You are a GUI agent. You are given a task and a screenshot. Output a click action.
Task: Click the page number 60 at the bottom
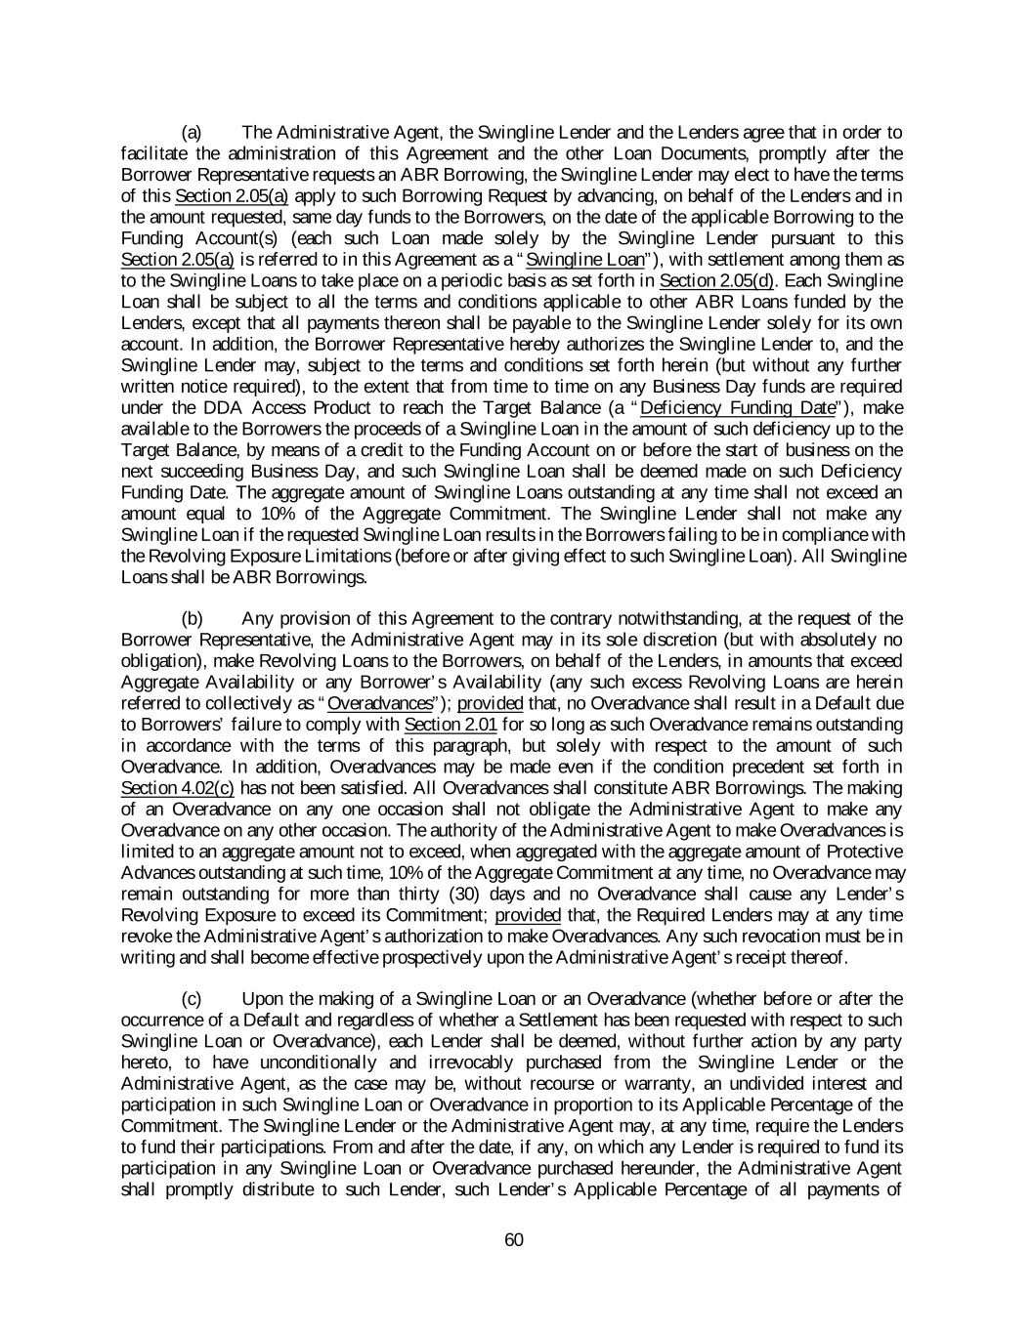pyautogui.click(x=515, y=1240)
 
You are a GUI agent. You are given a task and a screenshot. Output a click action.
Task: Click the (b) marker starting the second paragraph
pyautogui.click(x=193, y=618)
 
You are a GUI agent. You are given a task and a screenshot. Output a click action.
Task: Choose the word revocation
pyautogui.click(x=720, y=937)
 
